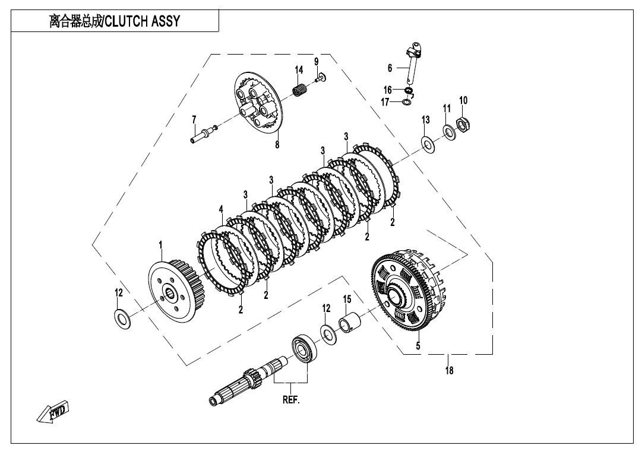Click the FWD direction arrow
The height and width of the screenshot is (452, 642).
pyautogui.click(x=53, y=412)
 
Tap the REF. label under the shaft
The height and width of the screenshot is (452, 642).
pyautogui.click(x=291, y=400)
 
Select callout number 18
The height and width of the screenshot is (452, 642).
pyautogui.click(x=449, y=370)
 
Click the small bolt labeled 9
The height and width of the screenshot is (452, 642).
pyautogui.click(x=321, y=77)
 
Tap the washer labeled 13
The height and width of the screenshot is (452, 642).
pyautogui.click(x=428, y=144)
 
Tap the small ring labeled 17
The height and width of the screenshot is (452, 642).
pyautogui.click(x=407, y=101)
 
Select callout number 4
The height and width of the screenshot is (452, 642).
pyautogui.click(x=221, y=210)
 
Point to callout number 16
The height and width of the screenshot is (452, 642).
pyautogui.click(x=388, y=90)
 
